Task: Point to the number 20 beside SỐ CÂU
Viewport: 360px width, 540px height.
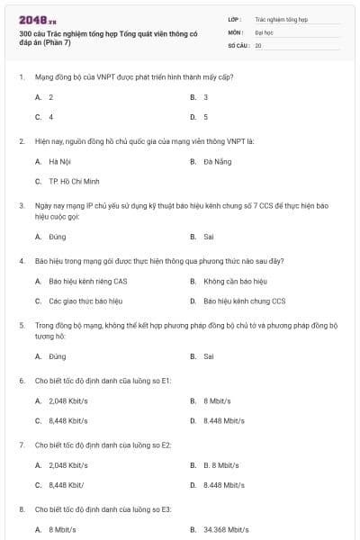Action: (x=258, y=44)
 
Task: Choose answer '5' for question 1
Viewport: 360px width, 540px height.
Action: (x=205, y=117)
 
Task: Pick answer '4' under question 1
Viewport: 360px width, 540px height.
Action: (x=51, y=117)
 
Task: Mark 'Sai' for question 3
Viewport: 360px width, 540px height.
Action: (x=208, y=237)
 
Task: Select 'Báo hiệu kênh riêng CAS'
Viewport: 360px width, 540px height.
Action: (x=87, y=281)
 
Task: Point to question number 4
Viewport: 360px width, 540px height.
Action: (x=22, y=261)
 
